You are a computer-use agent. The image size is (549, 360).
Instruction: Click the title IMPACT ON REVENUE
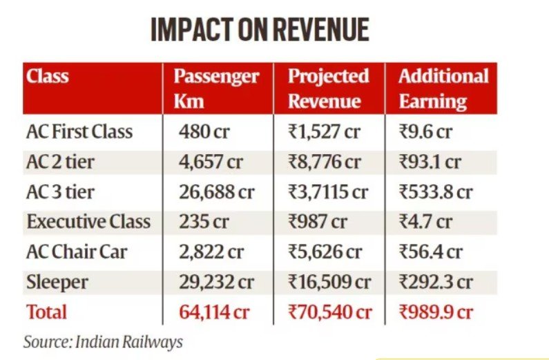pyautogui.click(x=260, y=30)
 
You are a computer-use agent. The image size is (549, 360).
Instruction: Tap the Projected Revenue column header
pyautogui.click(x=328, y=88)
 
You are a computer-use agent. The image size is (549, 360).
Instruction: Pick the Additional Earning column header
pyautogui.click(x=443, y=88)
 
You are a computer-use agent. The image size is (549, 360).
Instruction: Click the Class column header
pyautogui.click(x=47, y=75)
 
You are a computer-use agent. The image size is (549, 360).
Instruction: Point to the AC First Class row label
pyautogui.click(x=79, y=131)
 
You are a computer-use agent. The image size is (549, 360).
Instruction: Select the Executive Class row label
pyautogui.click(x=88, y=222)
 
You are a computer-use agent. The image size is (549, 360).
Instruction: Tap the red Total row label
pyautogui.click(x=47, y=312)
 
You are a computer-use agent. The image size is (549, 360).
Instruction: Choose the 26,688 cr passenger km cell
pyautogui.click(x=216, y=191)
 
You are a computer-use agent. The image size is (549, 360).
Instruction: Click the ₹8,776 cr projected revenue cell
pyautogui.click(x=325, y=162)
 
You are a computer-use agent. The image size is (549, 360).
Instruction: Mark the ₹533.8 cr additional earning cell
pyautogui.click(x=436, y=191)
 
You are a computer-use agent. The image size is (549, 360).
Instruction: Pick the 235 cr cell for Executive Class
pyautogui.click(x=199, y=222)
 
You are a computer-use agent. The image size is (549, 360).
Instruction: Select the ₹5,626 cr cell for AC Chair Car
pyautogui.click(x=325, y=252)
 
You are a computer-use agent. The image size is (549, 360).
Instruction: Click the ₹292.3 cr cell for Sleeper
pyautogui.click(x=436, y=283)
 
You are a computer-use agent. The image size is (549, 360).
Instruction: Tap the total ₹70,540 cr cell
pyautogui.click(x=330, y=312)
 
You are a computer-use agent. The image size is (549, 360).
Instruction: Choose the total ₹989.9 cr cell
pyautogui.click(x=436, y=312)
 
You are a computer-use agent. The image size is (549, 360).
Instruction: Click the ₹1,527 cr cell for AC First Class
pyautogui.click(x=324, y=131)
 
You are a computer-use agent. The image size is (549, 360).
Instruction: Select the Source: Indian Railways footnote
pyautogui.click(x=103, y=341)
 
